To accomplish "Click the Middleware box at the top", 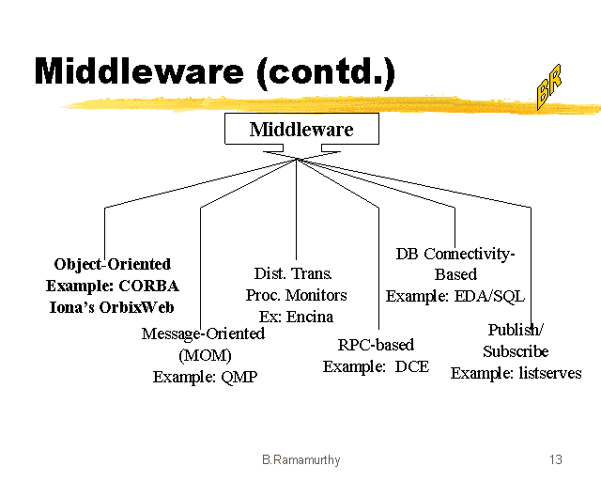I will (301, 130).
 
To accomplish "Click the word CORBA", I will (148, 286).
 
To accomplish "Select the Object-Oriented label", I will (113, 265).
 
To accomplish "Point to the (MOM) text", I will (204, 355).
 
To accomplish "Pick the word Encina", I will (310, 317).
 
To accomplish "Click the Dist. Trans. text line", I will (294, 273).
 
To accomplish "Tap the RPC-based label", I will (376, 345).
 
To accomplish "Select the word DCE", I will (410, 366).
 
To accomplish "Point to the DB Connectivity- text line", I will (456, 254).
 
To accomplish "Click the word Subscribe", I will (516, 351).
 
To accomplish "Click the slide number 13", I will (555, 459).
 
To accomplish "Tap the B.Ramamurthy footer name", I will (300, 459).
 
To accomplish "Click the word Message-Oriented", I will (203, 334).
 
